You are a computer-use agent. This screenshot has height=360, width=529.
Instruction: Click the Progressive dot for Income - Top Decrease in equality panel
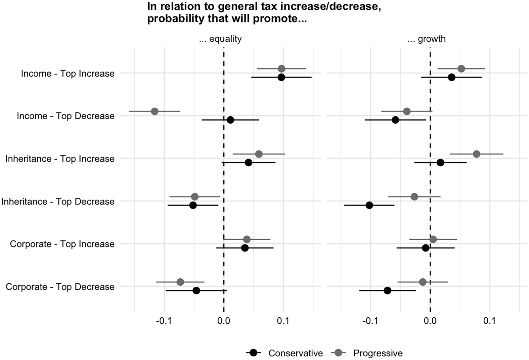[155, 111]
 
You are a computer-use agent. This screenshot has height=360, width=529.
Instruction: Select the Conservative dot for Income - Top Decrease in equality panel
[230, 120]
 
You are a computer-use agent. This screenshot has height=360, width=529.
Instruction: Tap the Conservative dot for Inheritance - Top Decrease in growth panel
[369, 205]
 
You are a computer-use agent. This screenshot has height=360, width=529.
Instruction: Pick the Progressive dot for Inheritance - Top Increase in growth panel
[476, 154]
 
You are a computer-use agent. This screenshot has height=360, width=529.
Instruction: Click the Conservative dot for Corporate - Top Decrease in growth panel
[387, 290]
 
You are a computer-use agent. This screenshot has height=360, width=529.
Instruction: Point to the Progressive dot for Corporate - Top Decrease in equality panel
[180, 282]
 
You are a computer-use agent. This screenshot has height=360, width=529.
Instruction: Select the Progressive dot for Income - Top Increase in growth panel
[461, 69]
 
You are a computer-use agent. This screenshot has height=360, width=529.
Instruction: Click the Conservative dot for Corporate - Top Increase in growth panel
[426, 248]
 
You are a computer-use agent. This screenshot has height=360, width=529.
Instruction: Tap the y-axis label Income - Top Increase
[68, 74]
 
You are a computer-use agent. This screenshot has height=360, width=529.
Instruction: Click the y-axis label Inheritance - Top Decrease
[58, 201]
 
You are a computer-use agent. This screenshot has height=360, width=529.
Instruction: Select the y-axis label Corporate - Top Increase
[62, 244]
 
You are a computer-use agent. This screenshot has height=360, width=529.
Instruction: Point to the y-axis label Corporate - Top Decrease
[60, 287]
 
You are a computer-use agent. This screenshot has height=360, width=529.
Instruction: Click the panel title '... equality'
[220, 39]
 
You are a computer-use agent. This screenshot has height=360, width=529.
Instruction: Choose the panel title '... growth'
[427, 39]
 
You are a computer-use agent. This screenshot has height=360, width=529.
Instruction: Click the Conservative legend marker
[254, 353]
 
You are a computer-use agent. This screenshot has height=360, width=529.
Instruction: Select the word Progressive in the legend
[378, 353]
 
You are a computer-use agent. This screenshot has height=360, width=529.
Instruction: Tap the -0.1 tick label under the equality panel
[164, 321]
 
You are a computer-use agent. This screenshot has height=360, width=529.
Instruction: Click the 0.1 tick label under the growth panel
[489, 321]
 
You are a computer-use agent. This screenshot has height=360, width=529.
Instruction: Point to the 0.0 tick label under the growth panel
[430, 321]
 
